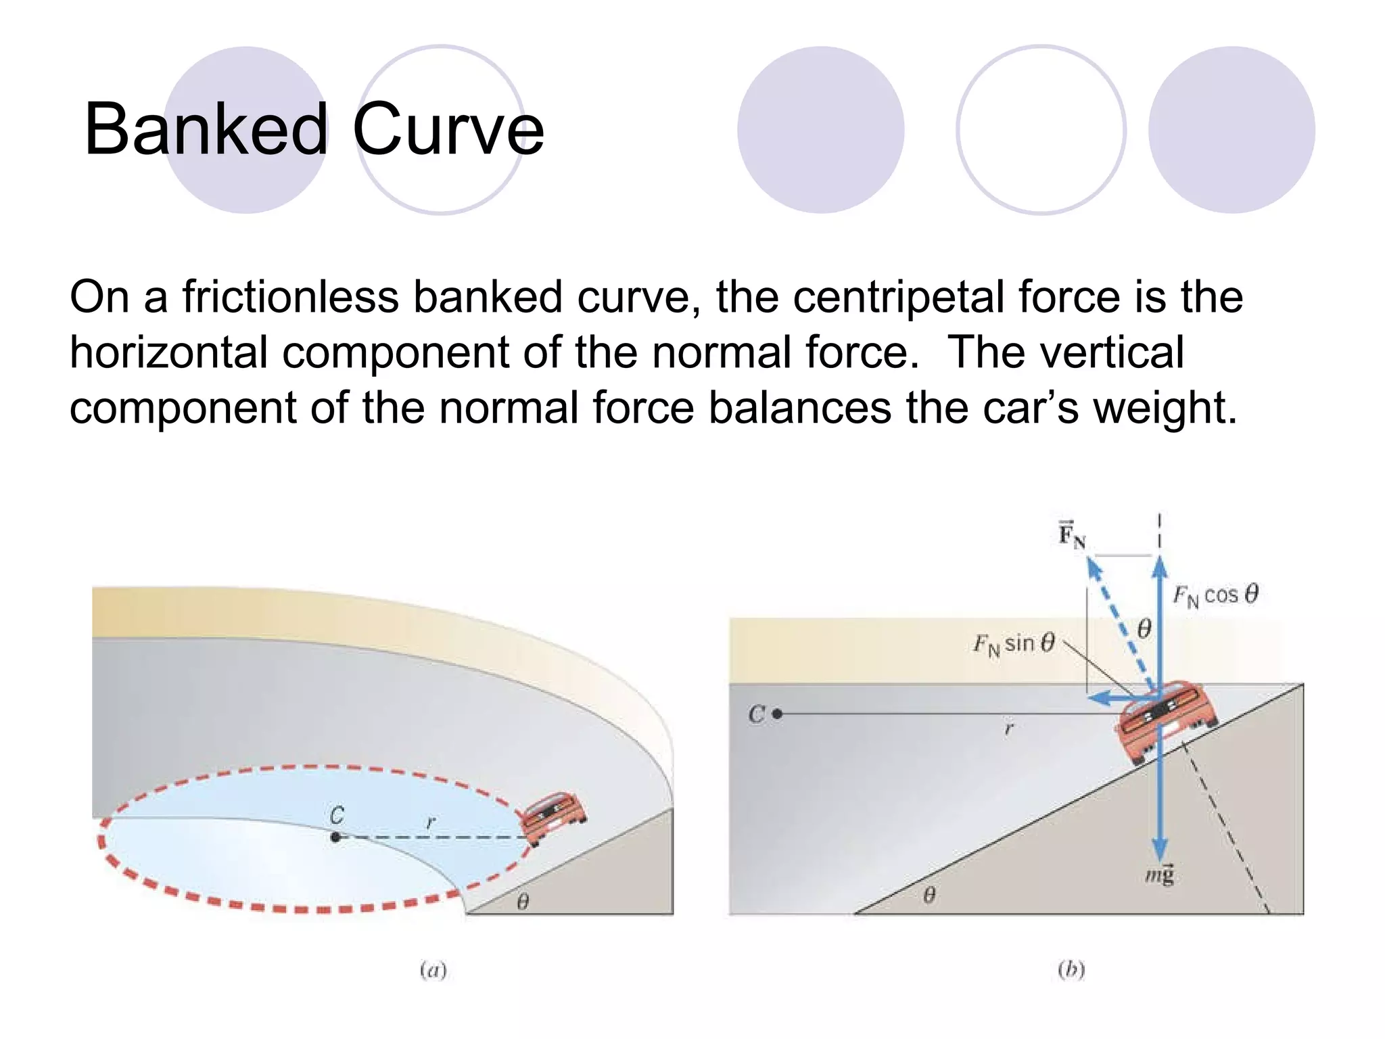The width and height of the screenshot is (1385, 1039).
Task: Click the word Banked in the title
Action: [206, 129]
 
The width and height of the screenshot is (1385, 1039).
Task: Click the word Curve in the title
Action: [448, 129]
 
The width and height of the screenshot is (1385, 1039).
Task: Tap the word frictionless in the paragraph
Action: [290, 298]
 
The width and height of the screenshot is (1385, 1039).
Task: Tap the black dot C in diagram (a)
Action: [335, 837]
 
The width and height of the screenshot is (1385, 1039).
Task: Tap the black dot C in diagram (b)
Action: [777, 714]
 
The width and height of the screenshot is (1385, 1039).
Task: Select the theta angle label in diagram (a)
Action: [523, 902]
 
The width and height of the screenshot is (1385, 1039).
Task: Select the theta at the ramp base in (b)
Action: [929, 896]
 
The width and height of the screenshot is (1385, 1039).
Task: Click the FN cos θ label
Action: [1215, 595]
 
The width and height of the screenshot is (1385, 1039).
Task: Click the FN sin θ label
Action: [1013, 643]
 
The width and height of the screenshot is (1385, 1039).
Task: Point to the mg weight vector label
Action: [1159, 875]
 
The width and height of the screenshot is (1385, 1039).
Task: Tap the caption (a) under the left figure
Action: [433, 970]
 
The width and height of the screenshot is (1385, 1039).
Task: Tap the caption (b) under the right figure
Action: [1071, 970]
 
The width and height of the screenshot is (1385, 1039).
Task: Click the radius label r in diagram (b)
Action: [1009, 729]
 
